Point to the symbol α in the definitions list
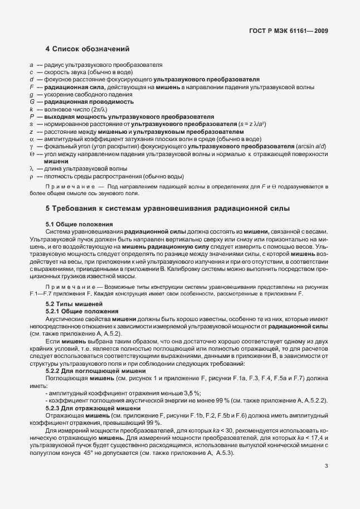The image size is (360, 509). (x=32, y=138)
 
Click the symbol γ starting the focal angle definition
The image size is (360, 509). (x=32, y=146)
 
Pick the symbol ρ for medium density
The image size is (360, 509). (x=32, y=176)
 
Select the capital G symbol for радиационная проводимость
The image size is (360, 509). (x=32, y=102)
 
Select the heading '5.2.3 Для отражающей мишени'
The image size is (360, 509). (x=87, y=408)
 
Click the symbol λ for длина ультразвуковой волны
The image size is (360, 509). (x=32, y=168)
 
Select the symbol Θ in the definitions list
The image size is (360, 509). (x=32, y=153)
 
